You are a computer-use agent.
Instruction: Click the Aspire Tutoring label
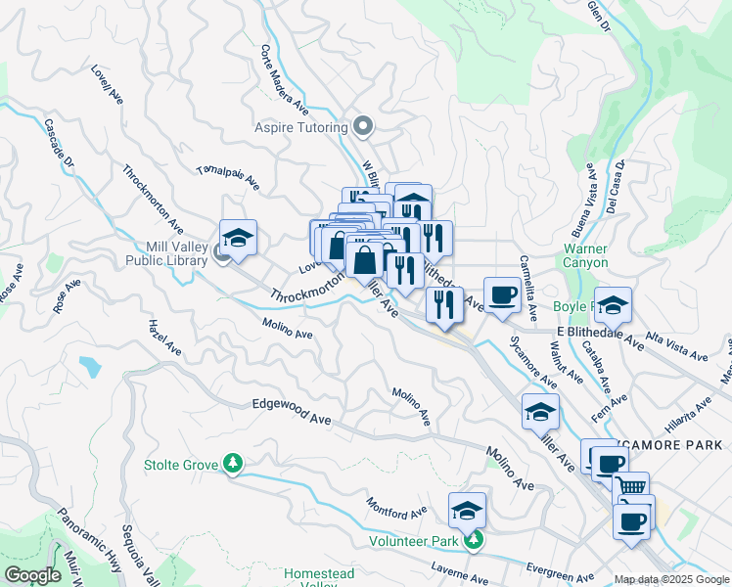(300, 127)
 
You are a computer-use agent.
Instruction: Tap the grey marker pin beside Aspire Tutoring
(363, 126)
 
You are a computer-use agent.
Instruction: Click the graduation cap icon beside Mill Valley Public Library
(238, 238)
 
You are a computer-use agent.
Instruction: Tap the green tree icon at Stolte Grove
(233, 463)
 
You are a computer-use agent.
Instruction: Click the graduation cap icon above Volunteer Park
(468, 511)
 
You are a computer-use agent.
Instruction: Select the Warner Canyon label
(585, 255)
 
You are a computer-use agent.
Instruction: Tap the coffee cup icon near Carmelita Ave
(503, 294)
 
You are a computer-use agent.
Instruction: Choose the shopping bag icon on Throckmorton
(364, 261)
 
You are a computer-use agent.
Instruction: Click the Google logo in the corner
(32, 575)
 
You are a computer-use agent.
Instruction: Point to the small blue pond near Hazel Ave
(91, 367)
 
